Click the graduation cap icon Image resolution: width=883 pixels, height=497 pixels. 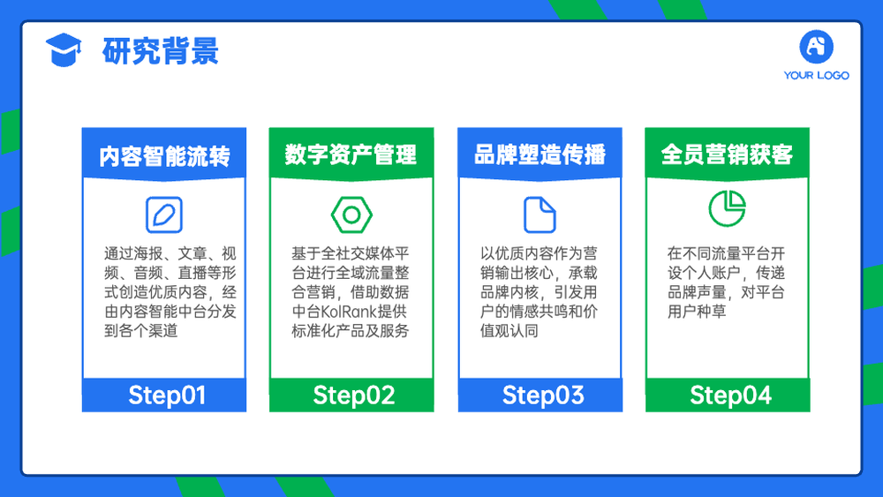[64, 49]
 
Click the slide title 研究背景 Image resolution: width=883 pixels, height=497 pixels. [161, 51]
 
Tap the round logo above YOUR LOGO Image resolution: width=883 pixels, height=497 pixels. [816, 47]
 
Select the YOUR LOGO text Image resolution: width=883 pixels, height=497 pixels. [816, 75]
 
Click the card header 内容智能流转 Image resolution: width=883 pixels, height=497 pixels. [164, 156]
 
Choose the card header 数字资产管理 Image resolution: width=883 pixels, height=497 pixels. [351, 154]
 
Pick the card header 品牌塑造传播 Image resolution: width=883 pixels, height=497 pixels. [540, 154]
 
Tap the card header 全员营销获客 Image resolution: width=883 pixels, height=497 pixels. [727, 154]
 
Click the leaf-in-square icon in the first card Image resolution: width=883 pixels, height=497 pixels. [164, 215]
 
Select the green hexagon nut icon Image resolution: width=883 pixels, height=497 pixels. [351, 215]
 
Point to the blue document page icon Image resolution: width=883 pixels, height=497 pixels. [540, 215]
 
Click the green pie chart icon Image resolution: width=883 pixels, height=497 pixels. [727, 208]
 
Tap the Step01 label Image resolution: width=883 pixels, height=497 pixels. [167, 395]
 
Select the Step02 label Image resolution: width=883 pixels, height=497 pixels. [354, 395]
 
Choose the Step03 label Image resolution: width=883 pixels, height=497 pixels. [543, 395]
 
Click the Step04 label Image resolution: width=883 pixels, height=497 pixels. [730, 395]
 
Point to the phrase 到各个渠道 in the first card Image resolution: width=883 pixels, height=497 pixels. [140, 330]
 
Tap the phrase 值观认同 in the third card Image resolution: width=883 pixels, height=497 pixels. [509, 330]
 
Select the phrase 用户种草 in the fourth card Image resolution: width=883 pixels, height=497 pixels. [697, 312]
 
